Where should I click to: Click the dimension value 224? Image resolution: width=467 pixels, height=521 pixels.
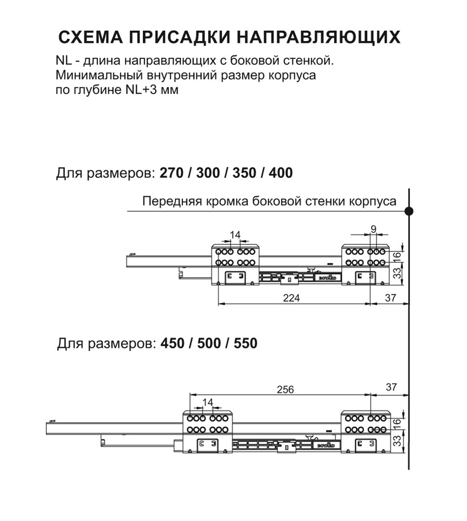click(x=291, y=298)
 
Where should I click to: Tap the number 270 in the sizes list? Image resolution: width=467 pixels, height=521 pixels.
click(x=172, y=173)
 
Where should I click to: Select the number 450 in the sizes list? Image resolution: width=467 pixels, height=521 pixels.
click(x=173, y=343)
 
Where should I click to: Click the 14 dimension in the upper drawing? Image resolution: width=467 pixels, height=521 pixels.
click(x=235, y=235)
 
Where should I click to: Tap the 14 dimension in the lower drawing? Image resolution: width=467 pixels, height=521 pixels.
click(x=207, y=402)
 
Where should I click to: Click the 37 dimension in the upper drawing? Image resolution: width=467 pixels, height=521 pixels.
click(x=390, y=298)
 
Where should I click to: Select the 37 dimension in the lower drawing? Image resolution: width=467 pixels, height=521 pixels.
click(x=391, y=386)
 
